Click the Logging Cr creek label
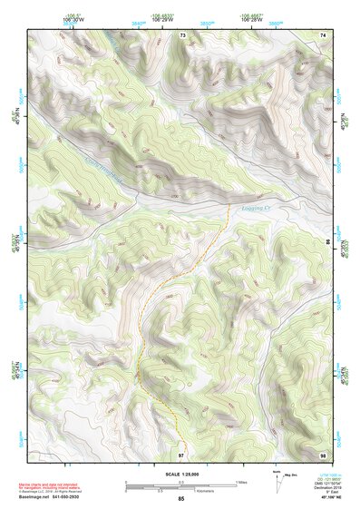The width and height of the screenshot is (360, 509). coord(264,208)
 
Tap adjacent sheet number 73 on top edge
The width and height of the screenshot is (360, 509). coord(182,34)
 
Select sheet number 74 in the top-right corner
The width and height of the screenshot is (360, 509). coord(323,34)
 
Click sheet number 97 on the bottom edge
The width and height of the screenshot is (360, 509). coord(181,454)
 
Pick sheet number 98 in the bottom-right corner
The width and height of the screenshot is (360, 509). coord(323,454)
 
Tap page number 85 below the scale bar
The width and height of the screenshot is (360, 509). coord(180,499)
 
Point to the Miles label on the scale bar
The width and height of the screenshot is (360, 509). coord(240,482)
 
